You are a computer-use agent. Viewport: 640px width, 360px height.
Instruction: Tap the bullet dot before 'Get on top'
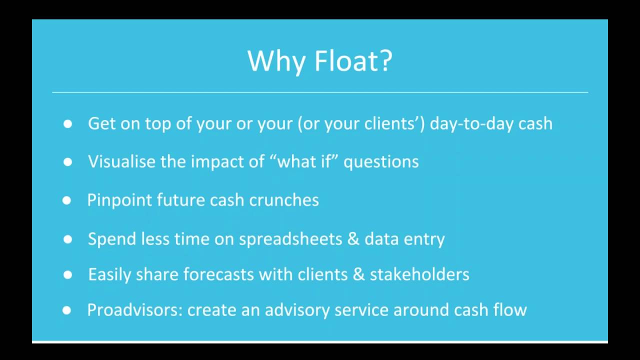tap(67, 124)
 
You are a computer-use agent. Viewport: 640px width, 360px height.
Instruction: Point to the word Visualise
tap(122, 161)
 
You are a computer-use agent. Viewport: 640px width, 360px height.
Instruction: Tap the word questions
tap(381, 162)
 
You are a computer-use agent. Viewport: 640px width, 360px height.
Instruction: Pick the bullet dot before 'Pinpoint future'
tap(66, 200)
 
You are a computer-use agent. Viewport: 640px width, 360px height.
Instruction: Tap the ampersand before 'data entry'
tap(353, 239)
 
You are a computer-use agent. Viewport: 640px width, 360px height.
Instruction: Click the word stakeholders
tap(419, 274)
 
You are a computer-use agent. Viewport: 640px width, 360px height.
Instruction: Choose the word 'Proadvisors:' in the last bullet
tap(134, 310)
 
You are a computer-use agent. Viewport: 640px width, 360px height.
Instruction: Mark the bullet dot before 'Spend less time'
tap(67, 239)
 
